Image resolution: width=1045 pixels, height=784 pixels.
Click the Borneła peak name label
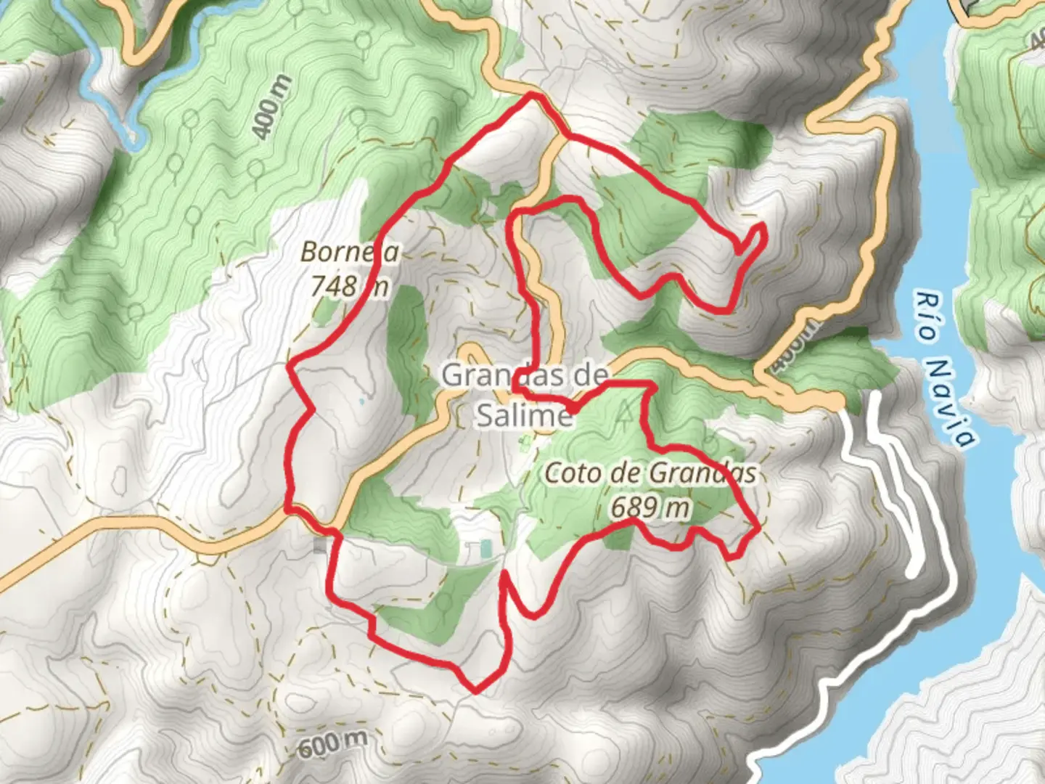pos(349,253)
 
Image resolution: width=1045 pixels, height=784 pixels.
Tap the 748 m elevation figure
pos(349,286)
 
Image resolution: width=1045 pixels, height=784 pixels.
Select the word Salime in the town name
pos(524,415)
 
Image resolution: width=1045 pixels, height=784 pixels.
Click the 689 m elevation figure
pos(649,507)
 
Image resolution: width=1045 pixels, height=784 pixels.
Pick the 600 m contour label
pos(331,743)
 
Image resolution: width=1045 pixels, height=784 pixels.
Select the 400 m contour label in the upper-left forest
pos(271,107)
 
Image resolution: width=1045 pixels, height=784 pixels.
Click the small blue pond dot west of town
pos(361,400)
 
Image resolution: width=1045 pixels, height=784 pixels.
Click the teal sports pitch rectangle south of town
pos(485,550)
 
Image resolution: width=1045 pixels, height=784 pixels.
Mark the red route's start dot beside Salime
pos(573,410)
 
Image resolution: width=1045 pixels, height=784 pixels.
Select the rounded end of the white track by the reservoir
pos(912,573)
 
